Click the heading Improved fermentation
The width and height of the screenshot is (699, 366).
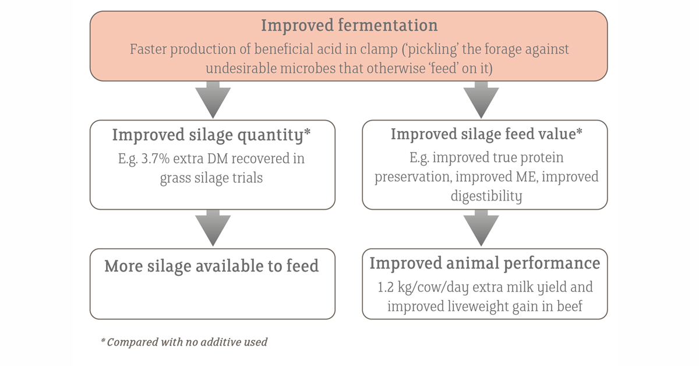[349, 26]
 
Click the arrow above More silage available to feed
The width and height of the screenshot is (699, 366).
[212, 229]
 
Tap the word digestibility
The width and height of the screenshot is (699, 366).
[486, 196]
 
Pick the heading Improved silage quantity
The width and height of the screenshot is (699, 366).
[211, 135]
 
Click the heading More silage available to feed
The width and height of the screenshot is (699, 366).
[212, 266]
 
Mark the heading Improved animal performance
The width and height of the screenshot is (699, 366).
[485, 263]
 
